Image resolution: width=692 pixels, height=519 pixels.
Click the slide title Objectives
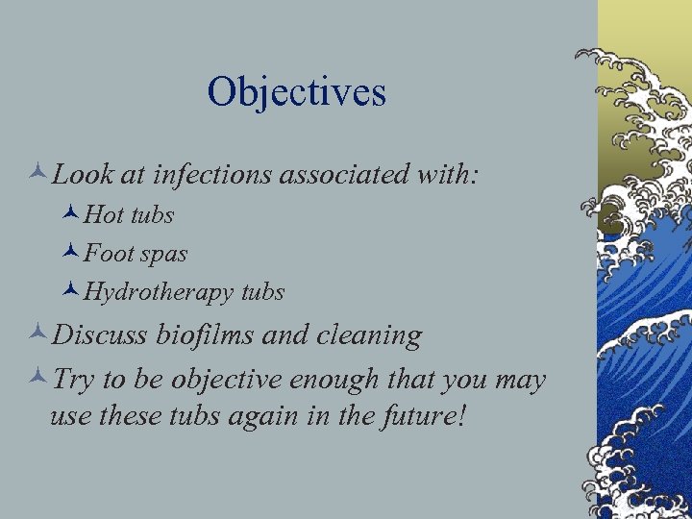pos(296,92)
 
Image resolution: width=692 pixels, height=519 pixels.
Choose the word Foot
pos(108,254)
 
